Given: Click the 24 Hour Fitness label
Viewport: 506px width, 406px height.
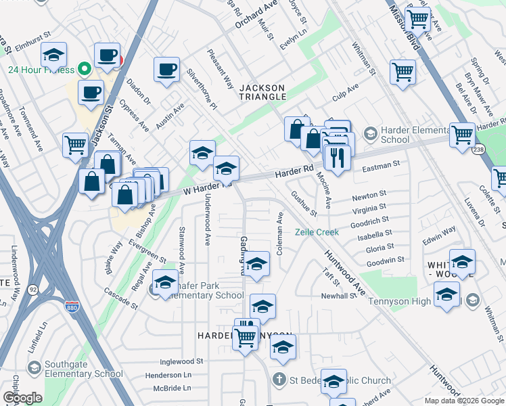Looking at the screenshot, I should [x=40, y=68].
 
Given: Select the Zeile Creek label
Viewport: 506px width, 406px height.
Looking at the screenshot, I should [x=316, y=232].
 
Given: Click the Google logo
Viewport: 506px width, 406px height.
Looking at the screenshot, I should [x=22, y=398].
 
